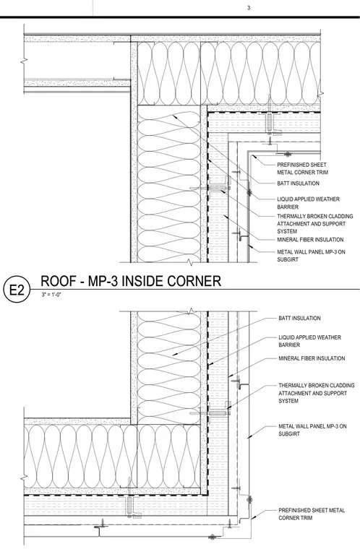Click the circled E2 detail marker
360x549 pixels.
click(16, 290)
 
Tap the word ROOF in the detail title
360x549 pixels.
click(57, 281)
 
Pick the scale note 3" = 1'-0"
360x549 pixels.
click(51, 295)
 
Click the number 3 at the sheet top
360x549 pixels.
click(249, 7)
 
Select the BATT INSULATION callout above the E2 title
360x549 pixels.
click(299, 183)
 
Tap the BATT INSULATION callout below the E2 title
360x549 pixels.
click(300, 318)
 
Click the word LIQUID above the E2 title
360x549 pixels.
click(286, 199)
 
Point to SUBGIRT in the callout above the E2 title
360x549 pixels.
click(288, 259)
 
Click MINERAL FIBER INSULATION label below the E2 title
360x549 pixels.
click(312, 358)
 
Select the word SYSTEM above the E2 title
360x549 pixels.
click(287, 231)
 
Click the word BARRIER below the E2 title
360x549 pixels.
click(289, 345)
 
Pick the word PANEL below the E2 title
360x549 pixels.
click(317, 426)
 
